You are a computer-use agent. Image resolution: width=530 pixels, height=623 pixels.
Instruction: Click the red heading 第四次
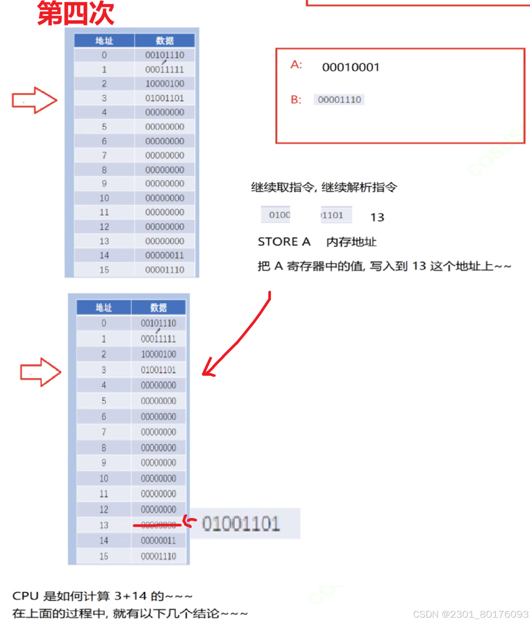point(76,13)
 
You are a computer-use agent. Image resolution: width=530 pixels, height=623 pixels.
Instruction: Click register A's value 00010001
point(350,67)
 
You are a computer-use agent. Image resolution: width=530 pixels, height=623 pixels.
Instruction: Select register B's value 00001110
point(339,100)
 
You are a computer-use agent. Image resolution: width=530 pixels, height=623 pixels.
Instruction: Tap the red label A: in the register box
point(296,65)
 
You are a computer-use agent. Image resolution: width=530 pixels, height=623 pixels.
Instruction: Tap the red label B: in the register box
point(296,100)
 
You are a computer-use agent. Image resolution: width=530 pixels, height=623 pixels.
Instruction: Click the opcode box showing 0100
point(276,215)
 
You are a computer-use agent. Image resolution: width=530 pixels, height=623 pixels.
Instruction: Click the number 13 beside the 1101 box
point(377,217)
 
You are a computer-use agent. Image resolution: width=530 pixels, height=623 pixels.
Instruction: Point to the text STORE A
point(284,242)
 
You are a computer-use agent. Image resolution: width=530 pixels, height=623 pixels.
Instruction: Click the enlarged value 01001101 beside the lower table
point(241,524)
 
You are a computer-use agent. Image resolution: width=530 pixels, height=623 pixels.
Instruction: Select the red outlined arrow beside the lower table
point(40,372)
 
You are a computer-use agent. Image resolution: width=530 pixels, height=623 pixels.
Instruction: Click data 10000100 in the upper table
point(164,84)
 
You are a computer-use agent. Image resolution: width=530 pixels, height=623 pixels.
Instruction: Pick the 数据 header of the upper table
point(164,41)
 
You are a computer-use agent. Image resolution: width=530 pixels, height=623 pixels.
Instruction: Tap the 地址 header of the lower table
point(103,308)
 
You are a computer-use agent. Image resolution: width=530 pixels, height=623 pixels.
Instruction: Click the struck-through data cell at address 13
point(158,525)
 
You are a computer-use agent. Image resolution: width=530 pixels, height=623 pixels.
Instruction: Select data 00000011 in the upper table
point(164,255)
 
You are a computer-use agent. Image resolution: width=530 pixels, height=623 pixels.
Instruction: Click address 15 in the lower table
point(103,556)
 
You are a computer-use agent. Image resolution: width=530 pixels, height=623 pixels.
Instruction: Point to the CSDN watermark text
point(470,614)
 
